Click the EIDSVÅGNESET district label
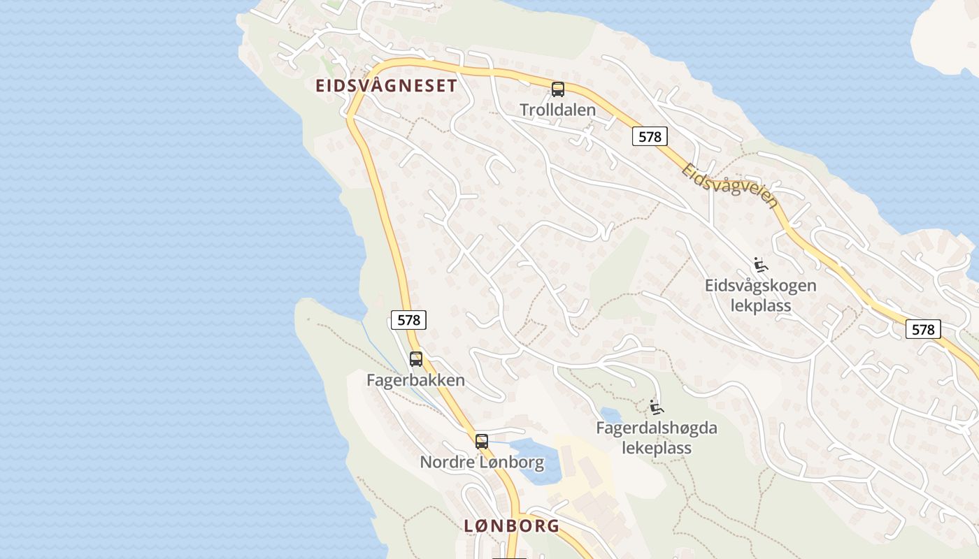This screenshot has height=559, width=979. click(x=386, y=86)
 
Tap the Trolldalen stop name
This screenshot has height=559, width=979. click(x=557, y=110)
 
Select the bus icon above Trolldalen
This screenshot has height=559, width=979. click(x=557, y=89)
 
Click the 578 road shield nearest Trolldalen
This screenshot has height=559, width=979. click(x=650, y=136)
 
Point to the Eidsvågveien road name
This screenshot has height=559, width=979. click(x=730, y=186)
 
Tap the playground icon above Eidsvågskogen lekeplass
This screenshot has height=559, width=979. click(x=761, y=266)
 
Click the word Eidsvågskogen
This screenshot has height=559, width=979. click(x=760, y=286)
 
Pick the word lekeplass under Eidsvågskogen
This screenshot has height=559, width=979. click(x=760, y=305)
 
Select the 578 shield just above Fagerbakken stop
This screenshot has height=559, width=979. click(x=408, y=320)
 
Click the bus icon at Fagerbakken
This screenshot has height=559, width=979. click(x=416, y=359)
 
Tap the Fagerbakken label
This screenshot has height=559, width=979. click(x=415, y=380)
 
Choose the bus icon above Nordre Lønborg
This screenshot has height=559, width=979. click(x=482, y=442)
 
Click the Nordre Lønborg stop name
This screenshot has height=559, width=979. click(x=482, y=462)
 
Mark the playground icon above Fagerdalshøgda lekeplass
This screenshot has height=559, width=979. click(x=656, y=407)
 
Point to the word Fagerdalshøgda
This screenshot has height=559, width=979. click(x=657, y=428)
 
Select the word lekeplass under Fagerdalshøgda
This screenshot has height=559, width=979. click(x=657, y=448)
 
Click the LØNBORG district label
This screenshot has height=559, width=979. click(x=512, y=525)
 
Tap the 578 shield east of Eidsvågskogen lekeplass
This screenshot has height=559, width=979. click(x=923, y=329)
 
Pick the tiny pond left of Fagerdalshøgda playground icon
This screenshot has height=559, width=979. click(x=610, y=415)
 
